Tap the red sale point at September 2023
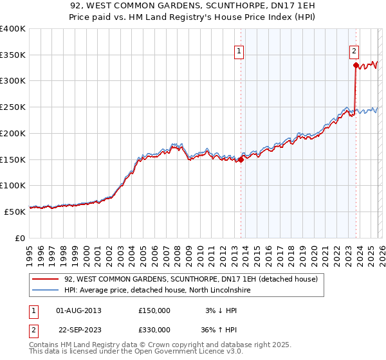[356, 64]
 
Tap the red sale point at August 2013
[241, 159]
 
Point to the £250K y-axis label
[13, 107]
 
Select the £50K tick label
[15, 211]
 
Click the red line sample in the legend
[46, 280]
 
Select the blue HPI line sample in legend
[46, 291]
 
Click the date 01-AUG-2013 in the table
[78, 310]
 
